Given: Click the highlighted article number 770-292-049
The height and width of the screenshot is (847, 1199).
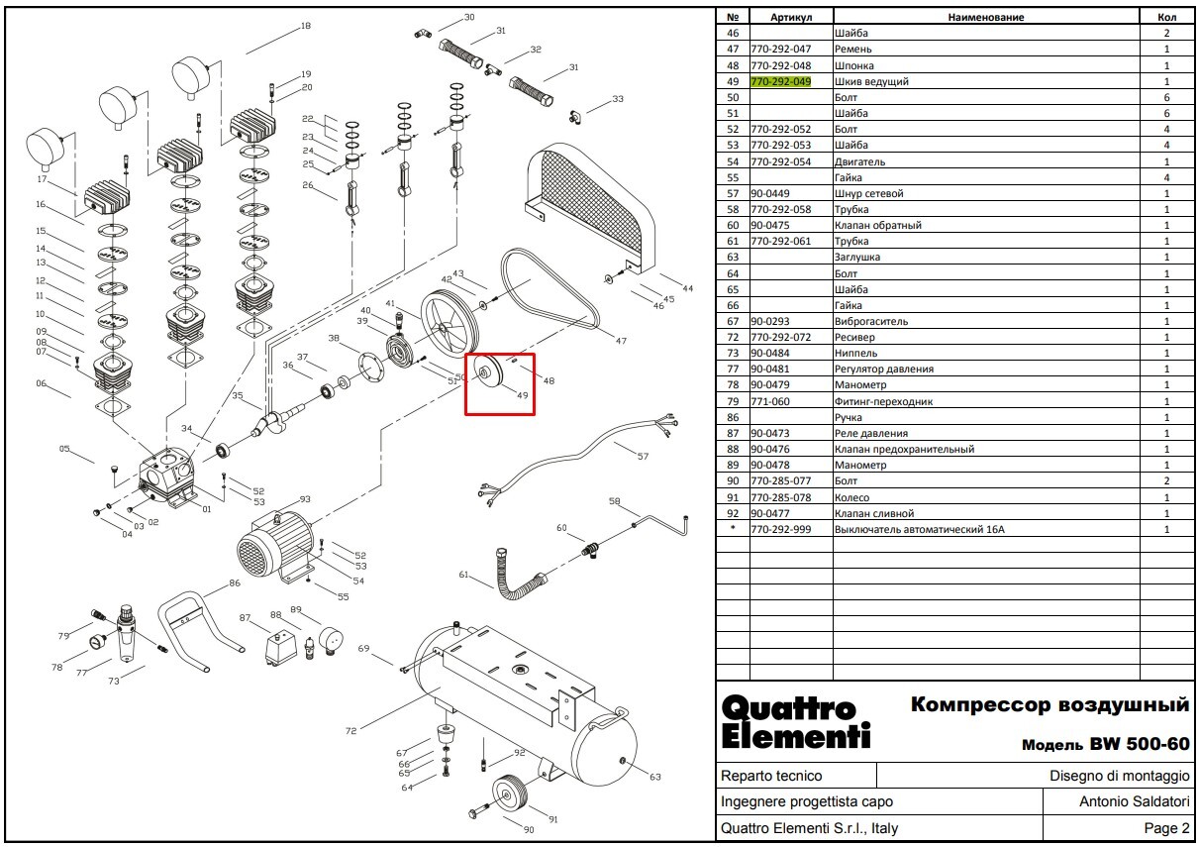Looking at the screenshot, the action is tap(780, 81).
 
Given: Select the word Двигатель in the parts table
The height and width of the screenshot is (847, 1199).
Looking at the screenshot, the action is tap(859, 161).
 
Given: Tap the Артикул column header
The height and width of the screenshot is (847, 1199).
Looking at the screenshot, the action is tap(791, 17).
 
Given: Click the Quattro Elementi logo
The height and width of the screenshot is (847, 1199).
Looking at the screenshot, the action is tap(795, 722).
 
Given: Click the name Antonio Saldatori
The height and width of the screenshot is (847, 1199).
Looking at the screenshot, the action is tap(1135, 801).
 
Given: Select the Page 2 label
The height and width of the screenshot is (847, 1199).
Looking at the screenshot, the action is tap(1166, 828).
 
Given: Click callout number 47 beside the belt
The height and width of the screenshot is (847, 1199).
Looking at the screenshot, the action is tap(621, 341).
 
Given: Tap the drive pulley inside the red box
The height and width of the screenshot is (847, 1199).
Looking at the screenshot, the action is tap(486, 372).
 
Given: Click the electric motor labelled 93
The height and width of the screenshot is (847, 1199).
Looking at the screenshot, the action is tap(274, 546).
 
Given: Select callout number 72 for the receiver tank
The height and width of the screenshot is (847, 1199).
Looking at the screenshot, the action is tap(350, 731).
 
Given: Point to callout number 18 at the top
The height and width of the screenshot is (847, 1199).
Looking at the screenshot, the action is tap(306, 26).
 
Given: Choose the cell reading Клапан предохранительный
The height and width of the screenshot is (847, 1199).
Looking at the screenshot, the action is tap(904, 449).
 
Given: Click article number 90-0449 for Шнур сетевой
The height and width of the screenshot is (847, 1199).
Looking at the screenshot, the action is tap(769, 193).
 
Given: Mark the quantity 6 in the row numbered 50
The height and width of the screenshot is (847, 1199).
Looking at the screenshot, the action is tap(1166, 97).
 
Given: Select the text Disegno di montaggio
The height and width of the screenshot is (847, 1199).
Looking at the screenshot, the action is tap(1119, 776).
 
